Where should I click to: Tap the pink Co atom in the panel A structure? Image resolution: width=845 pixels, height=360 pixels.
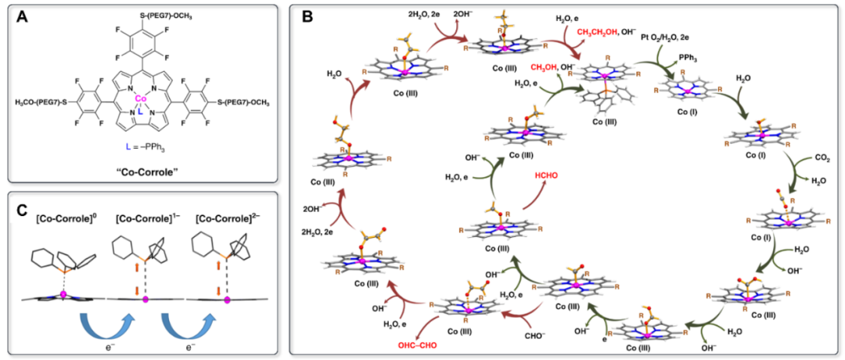click(141, 99)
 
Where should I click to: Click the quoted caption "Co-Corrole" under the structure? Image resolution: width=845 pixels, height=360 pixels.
click(141, 169)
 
